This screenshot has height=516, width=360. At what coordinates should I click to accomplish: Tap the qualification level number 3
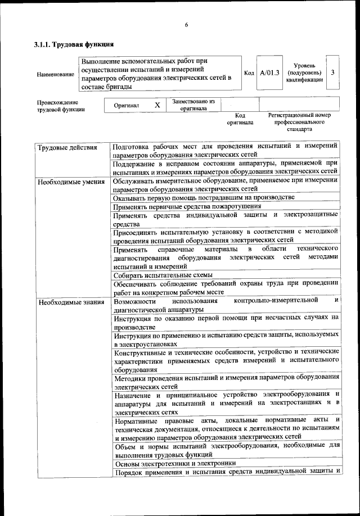333,73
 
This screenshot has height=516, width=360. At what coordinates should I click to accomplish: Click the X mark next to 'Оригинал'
157,105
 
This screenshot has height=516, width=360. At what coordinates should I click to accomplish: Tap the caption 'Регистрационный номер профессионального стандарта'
299,121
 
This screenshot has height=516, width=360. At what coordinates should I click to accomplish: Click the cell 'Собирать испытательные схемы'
163,275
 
